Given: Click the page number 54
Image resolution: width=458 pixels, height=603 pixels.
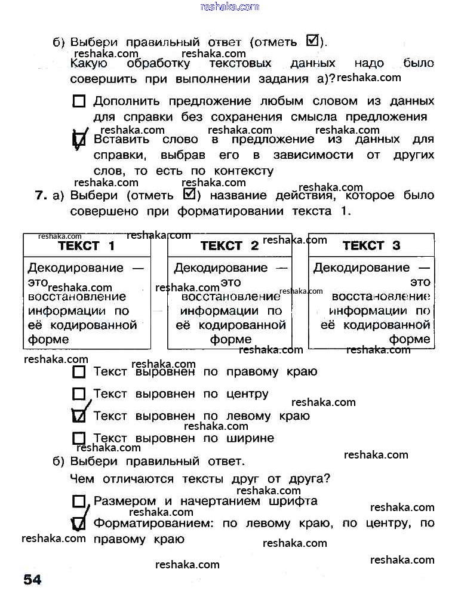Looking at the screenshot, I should [32, 579].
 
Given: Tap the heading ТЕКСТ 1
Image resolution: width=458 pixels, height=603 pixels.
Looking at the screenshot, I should [87, 245].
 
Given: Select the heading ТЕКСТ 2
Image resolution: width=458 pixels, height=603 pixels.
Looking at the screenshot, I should [229, 245].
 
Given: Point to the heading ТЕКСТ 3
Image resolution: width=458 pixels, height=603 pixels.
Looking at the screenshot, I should [371, 245].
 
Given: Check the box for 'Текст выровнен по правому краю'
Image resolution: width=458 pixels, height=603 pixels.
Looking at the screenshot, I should [79, 373].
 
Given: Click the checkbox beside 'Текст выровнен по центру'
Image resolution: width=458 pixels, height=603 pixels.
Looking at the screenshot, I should [79, 394].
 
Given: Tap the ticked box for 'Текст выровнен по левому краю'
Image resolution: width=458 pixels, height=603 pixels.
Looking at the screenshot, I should [79, 416].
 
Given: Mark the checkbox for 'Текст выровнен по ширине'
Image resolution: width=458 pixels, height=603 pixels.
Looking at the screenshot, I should [79, 438].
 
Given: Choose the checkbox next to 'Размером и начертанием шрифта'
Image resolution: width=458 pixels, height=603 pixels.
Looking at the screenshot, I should [79, 502].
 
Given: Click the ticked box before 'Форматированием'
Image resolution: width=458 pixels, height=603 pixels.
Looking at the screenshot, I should [79, 524].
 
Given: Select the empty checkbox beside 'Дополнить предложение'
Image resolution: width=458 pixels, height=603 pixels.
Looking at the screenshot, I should [79, 101].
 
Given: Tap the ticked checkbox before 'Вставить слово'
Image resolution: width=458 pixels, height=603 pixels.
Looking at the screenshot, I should [79, 140].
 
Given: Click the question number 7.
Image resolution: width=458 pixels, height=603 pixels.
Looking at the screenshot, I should [41, 195].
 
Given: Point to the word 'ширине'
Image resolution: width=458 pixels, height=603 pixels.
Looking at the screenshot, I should [250, 438].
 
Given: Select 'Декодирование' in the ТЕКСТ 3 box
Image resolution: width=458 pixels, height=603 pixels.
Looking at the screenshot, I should [362, 267].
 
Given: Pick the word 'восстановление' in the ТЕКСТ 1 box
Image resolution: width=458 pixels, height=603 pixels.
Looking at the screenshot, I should [77, 296].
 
